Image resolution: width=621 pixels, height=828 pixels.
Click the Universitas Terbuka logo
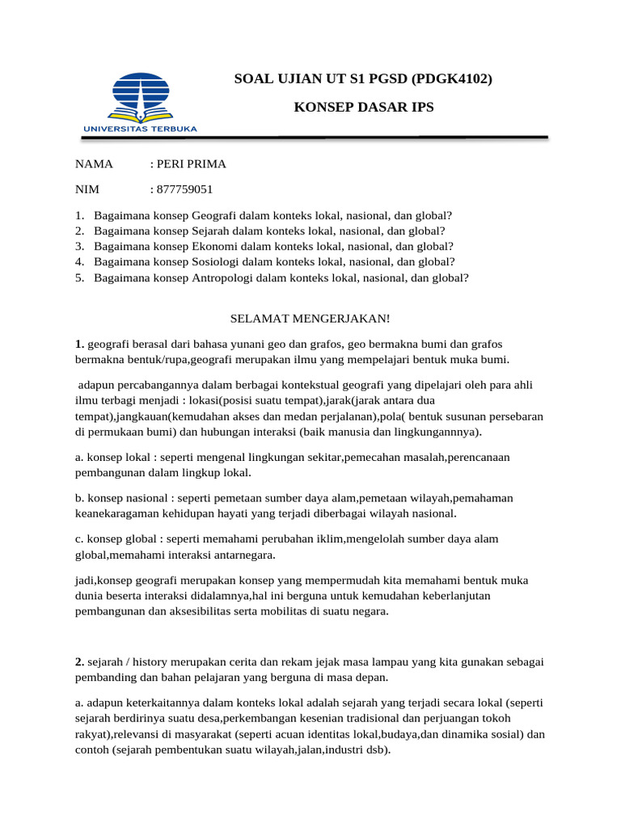pos(139,101)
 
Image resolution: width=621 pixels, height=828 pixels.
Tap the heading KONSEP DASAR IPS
pos(362,107)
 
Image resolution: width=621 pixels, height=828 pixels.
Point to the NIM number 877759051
pos(185,190)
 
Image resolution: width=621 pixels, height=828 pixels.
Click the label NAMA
pos(94,164)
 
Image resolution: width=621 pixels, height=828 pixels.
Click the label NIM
pos(87,190)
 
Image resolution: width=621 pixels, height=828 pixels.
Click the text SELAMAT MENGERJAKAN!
pos(310,319)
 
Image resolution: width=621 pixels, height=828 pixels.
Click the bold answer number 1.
pos(79,344)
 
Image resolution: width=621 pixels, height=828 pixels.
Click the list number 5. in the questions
pos(79,277)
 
